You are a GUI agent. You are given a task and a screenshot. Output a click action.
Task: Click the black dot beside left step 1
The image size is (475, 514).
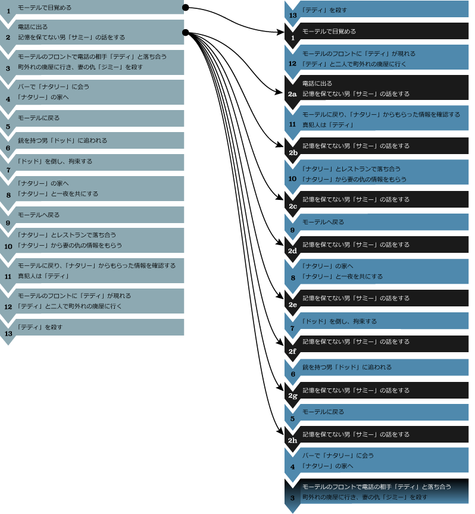(186, 7)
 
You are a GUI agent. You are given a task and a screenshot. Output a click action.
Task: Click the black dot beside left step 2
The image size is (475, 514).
(186, 32)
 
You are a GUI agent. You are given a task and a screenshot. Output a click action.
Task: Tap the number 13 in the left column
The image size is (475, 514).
(8, 334)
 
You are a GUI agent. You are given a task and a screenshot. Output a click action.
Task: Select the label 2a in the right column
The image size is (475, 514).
(292, 94)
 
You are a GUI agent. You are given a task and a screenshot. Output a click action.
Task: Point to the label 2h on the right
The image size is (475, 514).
(292, 440)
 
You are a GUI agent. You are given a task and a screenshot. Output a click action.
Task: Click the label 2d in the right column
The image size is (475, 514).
(292, 251)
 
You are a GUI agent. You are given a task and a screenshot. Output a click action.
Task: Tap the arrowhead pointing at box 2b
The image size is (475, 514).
(280, 144)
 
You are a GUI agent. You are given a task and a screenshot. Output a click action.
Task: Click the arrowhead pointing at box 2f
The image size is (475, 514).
(280, 342)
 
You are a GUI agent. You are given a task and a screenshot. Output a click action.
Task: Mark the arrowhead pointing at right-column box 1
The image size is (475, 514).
(280, 32)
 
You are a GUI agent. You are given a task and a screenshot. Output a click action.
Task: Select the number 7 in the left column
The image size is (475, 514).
(8, 170)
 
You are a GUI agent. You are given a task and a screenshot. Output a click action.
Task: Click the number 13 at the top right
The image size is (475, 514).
(293, 15)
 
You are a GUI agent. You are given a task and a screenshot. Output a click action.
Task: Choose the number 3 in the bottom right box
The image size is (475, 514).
(293, 498)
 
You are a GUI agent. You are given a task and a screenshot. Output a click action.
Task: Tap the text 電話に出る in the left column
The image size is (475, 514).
(33, 27)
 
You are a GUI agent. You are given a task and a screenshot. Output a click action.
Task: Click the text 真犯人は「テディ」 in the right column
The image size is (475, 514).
(328, 125)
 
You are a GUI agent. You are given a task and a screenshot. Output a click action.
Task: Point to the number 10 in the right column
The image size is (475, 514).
(292, 178)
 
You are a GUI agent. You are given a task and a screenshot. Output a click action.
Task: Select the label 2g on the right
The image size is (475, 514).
(292, 396)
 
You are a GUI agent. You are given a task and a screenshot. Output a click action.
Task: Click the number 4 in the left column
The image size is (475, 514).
(8, 99)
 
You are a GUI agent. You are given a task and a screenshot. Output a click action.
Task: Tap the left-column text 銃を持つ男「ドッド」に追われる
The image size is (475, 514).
(62, 140)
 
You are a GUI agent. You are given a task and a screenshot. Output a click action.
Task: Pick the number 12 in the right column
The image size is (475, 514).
(292, 64)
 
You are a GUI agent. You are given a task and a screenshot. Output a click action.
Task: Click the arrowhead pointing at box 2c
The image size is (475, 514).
(280, 198)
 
